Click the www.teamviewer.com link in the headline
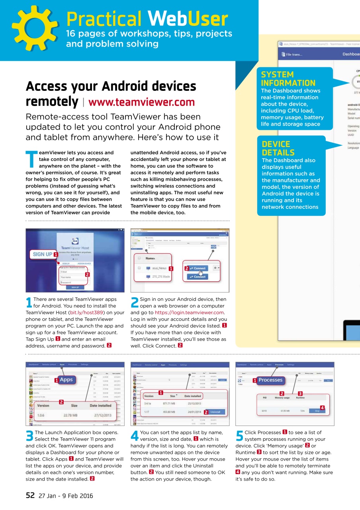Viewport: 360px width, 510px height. pyautogui.click(x=141, y=102)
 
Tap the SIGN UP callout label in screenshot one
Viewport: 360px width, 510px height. pyautogui.click(x=42, y=254)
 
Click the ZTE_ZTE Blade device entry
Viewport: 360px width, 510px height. pyautogui.click(x=160, y=277)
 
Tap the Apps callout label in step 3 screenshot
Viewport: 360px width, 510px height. pyautogui.click(x=66, y=380)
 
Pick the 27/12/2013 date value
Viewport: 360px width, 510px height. pyautogui.click(x=100, y=415)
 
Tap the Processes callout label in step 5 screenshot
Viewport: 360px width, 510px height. pyautogui.click(x=270, y=380)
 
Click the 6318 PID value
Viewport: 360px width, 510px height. pyautogui.click(x=264, y=411)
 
